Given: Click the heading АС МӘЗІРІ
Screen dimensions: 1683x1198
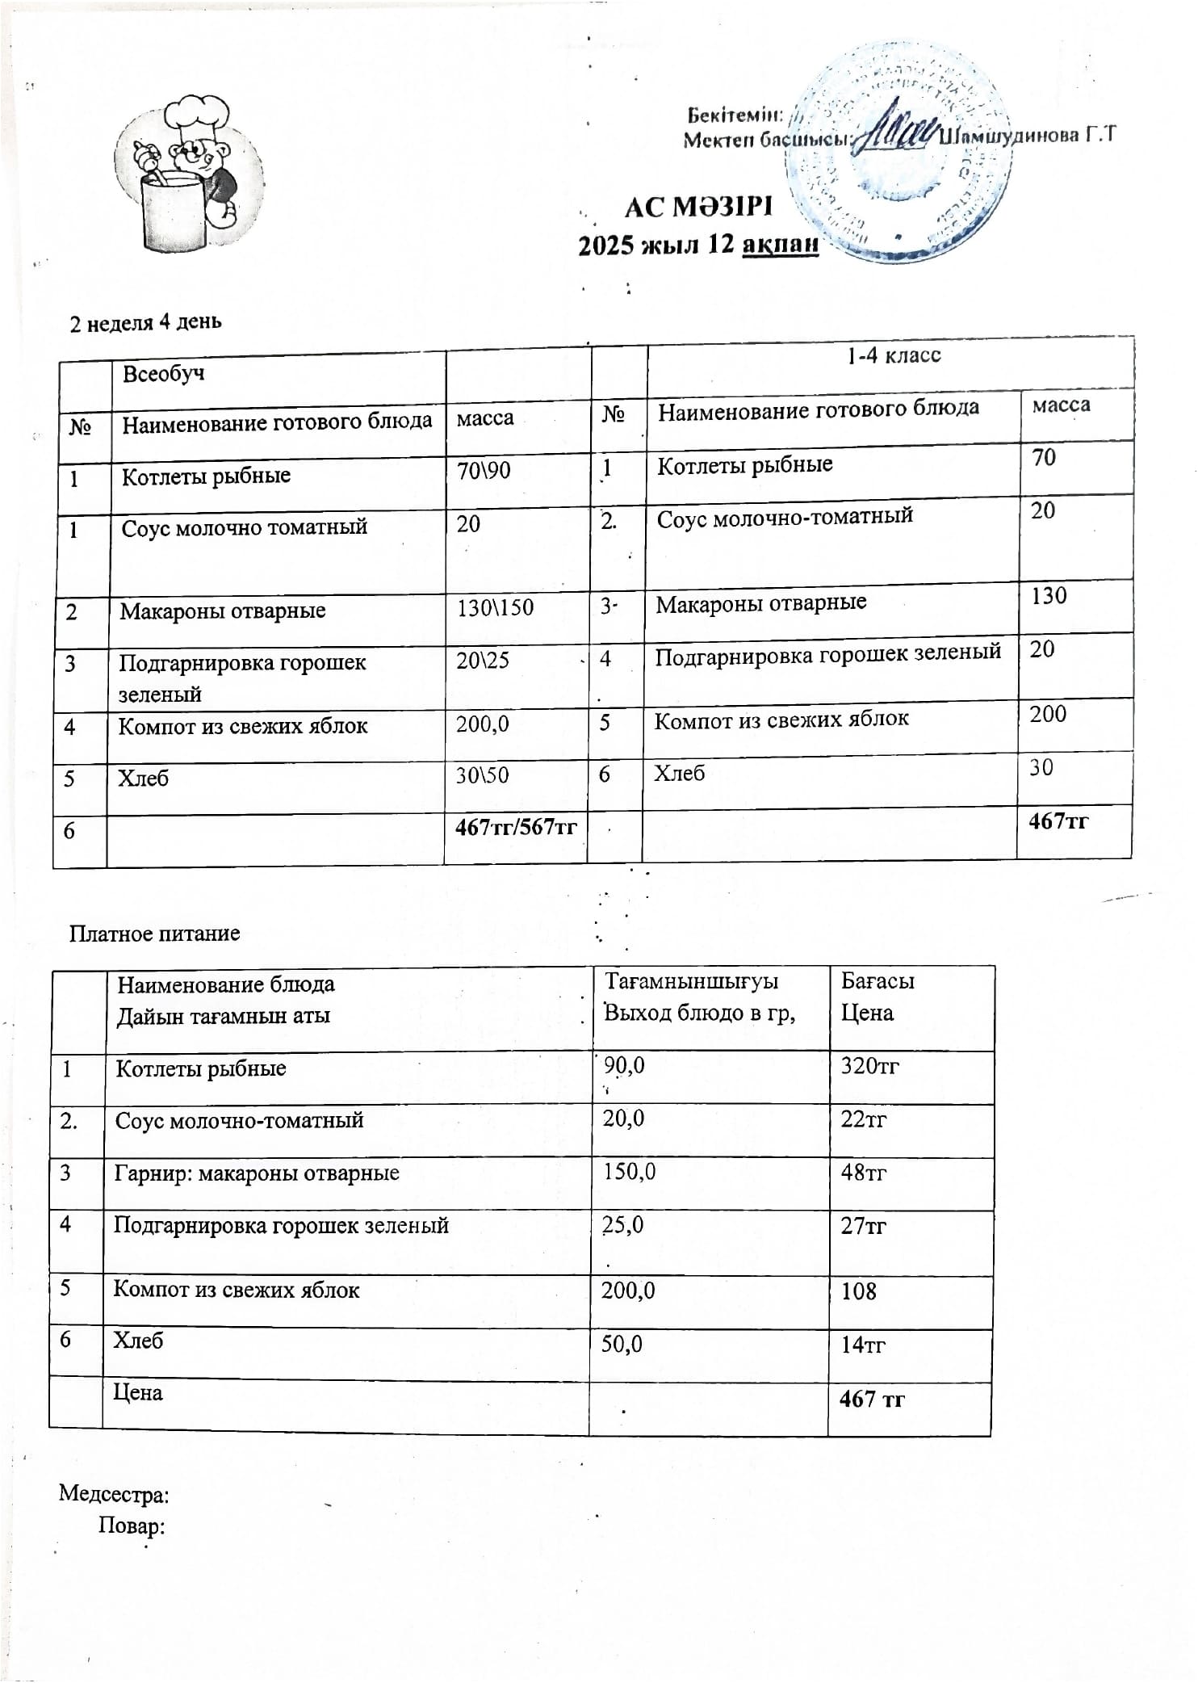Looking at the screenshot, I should click(x=698, y=208).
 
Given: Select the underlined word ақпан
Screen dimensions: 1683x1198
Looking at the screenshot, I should click(x=780, y=244).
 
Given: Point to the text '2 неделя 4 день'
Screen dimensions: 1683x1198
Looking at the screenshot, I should click(x=145, y=323).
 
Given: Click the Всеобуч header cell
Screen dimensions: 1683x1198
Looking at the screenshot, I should click(x=163, y=374).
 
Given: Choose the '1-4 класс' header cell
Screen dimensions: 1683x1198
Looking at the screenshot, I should click(x=894, y=355).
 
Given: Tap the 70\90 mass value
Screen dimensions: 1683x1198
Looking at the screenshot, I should click(x=484, y=470).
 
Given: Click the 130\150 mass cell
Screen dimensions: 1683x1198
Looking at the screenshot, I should click(x=495, y=607).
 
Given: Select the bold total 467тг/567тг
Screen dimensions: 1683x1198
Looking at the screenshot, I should click(x=516, y=827).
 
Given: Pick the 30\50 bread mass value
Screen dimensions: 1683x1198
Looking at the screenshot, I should click(x=482, y=775).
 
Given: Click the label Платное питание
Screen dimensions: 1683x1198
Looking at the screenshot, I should click(x=154, y=934).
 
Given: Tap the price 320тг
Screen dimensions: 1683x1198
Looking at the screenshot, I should click(x=869, y=1066).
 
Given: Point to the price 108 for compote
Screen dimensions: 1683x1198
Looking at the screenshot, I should click(x=858, y=1291).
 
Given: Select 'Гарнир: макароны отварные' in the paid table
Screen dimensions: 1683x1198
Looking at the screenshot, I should click(x=257, y=1173).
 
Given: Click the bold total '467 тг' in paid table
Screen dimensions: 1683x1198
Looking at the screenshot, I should click(x=872, y=1399).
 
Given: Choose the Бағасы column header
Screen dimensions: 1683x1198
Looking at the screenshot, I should click(x=878, y=981).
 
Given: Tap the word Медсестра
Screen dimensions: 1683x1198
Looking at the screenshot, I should click(x=114, y=1494).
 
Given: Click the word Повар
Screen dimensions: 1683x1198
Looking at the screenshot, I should click(x=132, y=1526).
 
